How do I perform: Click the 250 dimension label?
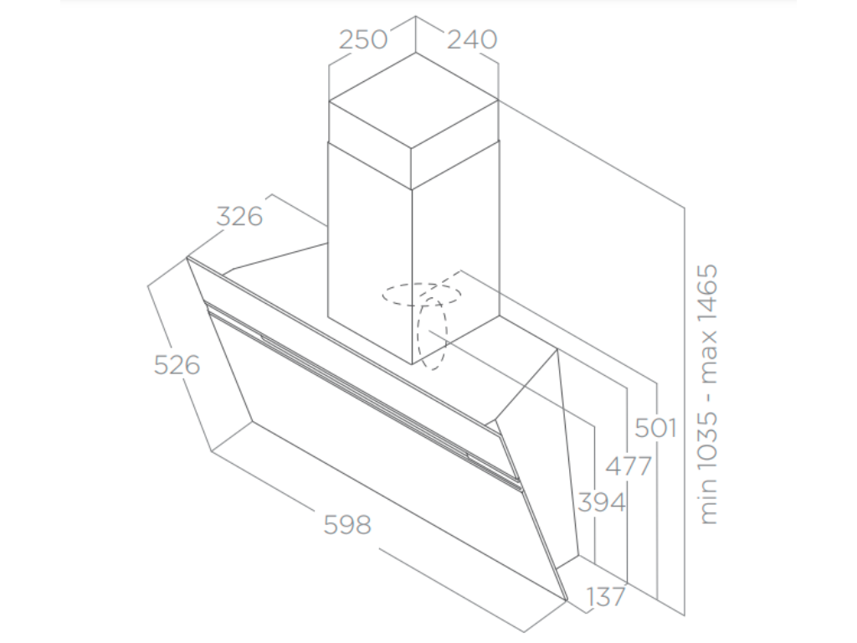[363, 39]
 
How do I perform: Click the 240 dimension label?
[472, 39]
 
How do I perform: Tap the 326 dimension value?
[239, 217]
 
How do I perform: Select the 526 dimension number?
[177, 365]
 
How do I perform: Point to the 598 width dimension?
[347, 525]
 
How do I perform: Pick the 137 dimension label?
[605, 597]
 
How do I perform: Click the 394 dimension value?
[602, 502]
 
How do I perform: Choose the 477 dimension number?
[629, 466]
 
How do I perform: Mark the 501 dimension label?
[655, 428]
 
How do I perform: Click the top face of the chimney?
[413, 100]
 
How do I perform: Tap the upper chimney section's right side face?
[454, 145]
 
